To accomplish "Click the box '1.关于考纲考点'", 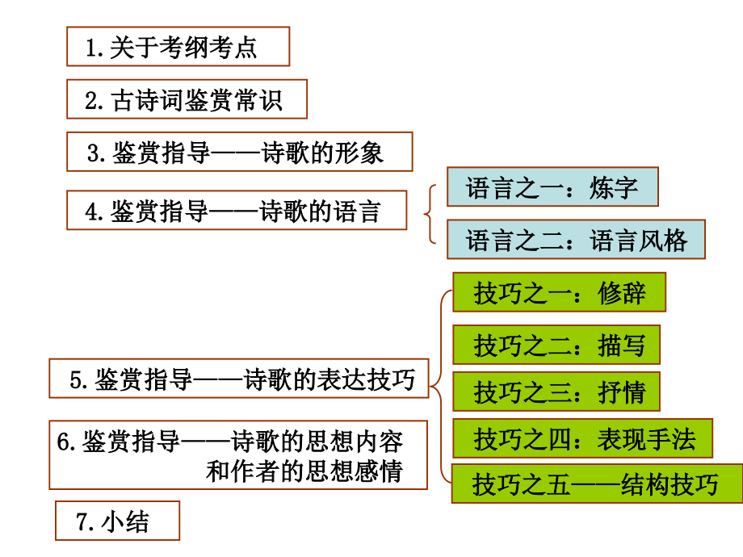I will (178, 47).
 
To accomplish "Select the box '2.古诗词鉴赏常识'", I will (187, 99).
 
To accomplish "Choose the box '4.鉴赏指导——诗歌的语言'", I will (237, 211).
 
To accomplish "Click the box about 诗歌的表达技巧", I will (238, 379).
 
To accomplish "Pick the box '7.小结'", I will (117, 521).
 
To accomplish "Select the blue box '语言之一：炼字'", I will (552, 187).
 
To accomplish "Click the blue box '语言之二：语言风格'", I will (576, 240).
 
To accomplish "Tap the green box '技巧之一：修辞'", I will (559, 292).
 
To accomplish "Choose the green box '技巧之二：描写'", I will (556, 346).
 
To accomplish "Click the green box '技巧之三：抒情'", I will (556, 392).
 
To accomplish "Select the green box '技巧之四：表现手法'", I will (582, 439).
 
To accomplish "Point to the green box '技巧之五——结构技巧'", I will (596, 484).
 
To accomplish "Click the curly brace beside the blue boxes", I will (431, 213).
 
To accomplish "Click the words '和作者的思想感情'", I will (304, 471).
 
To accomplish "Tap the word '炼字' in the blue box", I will (614, 187).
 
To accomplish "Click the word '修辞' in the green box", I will (622, 292).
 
